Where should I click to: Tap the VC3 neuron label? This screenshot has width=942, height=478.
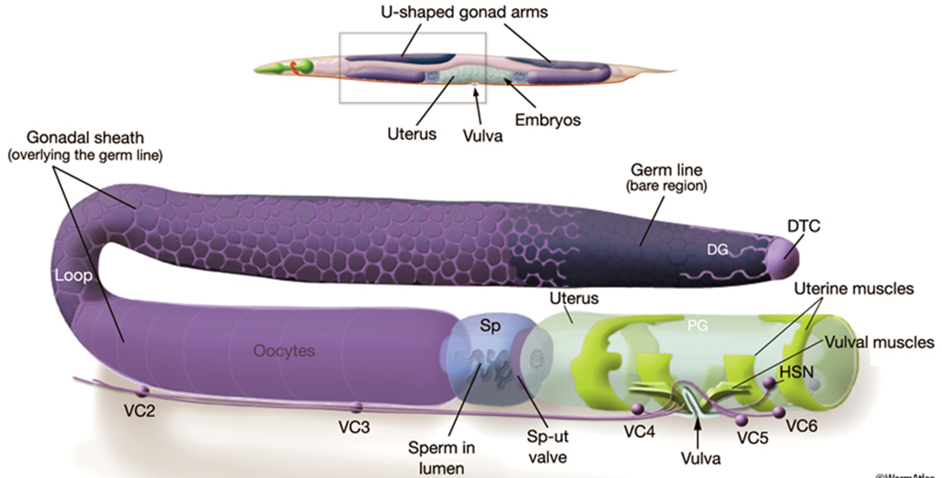coord(356,427)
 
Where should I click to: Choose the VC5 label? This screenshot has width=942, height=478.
coord(753,439)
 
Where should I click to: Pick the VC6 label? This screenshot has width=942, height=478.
coord(802,426)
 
